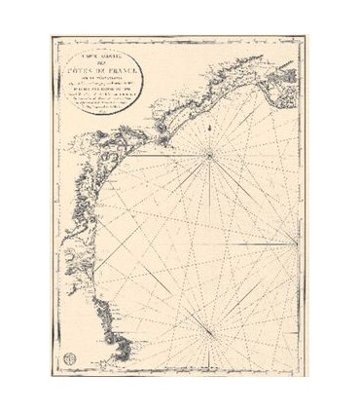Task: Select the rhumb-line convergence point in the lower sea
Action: point(214,322)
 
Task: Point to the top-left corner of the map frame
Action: point(51,35)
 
